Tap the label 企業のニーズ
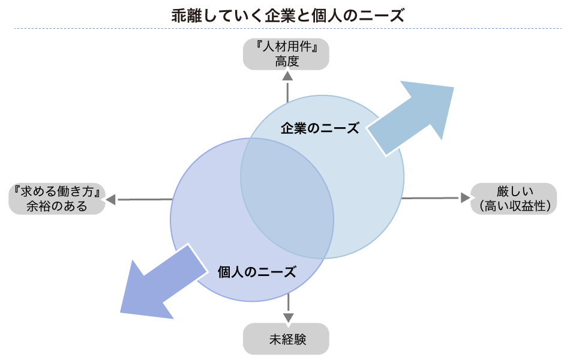tap(320, 128)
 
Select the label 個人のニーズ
tap(257, 272)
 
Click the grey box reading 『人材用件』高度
tap(287, 54)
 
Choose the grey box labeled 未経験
tap(287, 339)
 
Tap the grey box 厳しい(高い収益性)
tap(515, 199)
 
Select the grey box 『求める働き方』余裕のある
tap(57, 199)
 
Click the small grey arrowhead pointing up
tap(287, 76)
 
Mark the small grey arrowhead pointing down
tap(289, 317)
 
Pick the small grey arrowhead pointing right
tap(464, 197)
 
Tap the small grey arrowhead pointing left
tap(111, 199)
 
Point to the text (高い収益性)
tap(515, 206)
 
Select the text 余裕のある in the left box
tap(57, 206)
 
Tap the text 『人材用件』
tap(287, 47)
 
